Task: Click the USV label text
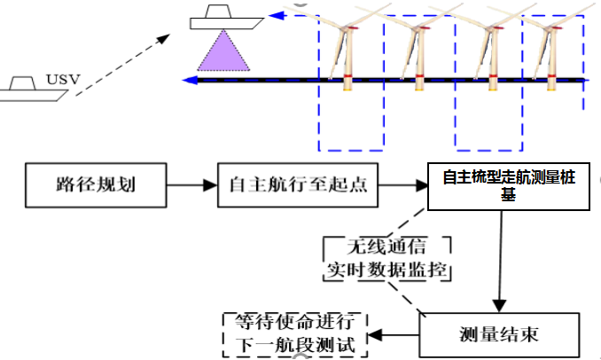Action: pos(68,82)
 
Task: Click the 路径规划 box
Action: pos(84,186)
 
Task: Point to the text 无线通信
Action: pos(387,248)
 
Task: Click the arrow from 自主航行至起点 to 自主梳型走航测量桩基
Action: pos(403,186)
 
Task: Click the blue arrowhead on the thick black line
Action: pos(189,81)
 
